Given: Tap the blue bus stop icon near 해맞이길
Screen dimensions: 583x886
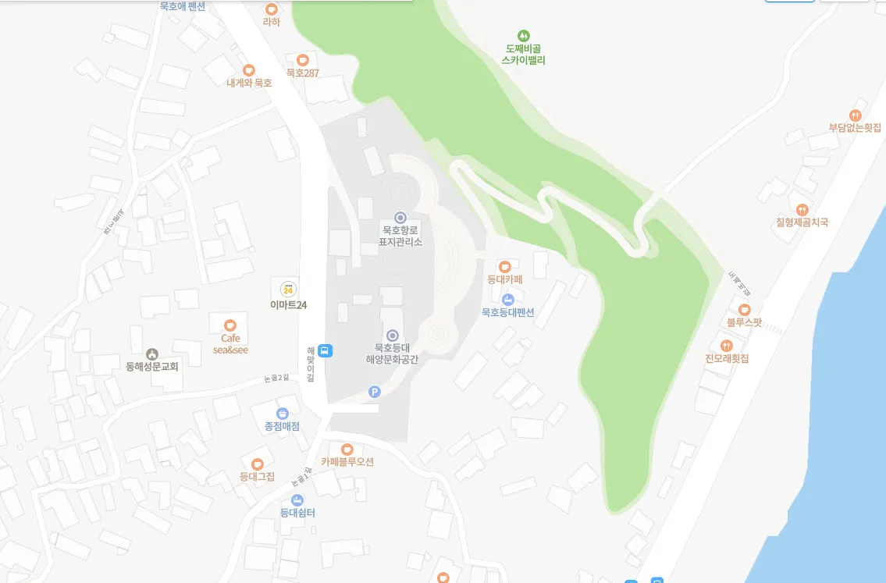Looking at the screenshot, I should click(x=326, y=350).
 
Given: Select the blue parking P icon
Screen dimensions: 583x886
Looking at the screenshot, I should click(x=374, y=391).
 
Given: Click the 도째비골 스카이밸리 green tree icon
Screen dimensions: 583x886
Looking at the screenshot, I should click(x=523, y=35).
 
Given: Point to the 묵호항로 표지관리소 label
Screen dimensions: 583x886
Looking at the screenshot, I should click(x=400, y=236).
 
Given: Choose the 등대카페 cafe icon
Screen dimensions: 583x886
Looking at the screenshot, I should click(x=505, y=266).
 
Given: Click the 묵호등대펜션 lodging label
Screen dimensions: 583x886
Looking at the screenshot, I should click(x=507, y=312).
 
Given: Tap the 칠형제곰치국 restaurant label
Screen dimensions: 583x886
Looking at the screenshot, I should click(x=802, y=222).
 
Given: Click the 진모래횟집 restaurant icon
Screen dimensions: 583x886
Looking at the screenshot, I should click(x=727, y=346).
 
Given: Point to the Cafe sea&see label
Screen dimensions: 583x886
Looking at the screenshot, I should click(x=230, y=344).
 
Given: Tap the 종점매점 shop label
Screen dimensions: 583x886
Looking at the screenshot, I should click(x=282, y=426).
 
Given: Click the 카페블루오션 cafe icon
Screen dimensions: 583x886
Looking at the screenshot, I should click(x=347, y=449).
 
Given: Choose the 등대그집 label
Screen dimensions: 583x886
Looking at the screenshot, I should click(x=257, y=476).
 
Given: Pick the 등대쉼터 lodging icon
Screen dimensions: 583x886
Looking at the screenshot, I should click(x=297, y=499).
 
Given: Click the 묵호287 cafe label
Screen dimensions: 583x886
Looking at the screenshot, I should click(x=302, y=73).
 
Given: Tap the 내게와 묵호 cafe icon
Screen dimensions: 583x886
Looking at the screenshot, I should click(x=249, y=70).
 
